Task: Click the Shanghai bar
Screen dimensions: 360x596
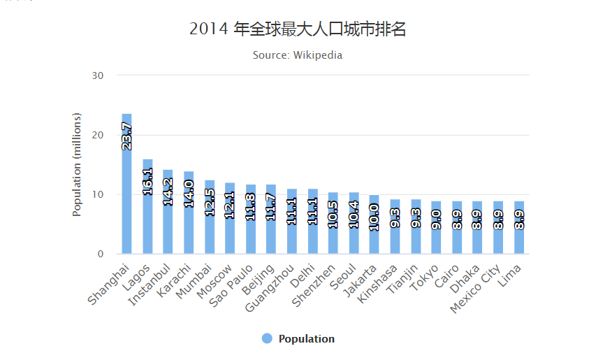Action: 126,196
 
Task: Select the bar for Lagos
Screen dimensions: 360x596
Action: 147,210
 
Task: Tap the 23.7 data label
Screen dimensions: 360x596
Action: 126,136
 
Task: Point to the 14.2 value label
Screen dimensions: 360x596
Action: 168,191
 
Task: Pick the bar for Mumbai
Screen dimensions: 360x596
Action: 210,224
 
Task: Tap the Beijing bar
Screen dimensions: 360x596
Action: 271,224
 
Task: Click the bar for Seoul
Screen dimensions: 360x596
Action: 354,227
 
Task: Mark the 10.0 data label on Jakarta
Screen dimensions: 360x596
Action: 375,217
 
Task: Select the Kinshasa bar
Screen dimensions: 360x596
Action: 395,231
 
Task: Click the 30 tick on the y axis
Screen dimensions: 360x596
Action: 99,75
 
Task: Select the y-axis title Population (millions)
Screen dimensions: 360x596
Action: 78,165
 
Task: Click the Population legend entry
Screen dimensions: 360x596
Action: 298,339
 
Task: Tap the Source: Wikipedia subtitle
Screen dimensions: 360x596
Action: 298,55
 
